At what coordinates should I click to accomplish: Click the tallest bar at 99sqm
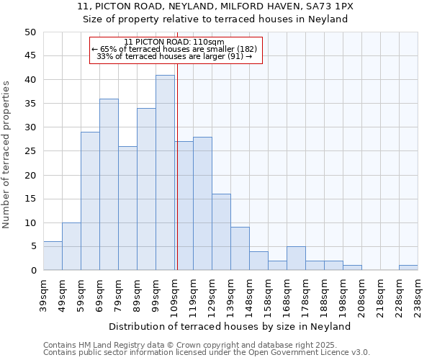[165, 173]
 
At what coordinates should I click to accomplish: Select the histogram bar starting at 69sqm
[109, 184]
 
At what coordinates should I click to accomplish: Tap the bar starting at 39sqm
[53, 256]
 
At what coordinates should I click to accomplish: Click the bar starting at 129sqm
[221, 232]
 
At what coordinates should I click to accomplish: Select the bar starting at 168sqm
[296, 258]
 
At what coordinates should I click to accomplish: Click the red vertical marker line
[177, 166]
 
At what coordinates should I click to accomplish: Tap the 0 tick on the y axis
[33, 271]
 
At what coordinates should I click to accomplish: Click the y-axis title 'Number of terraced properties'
[6, 154]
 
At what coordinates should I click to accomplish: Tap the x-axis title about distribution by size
[230, 326]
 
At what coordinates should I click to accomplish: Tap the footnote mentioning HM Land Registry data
[205, 345]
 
